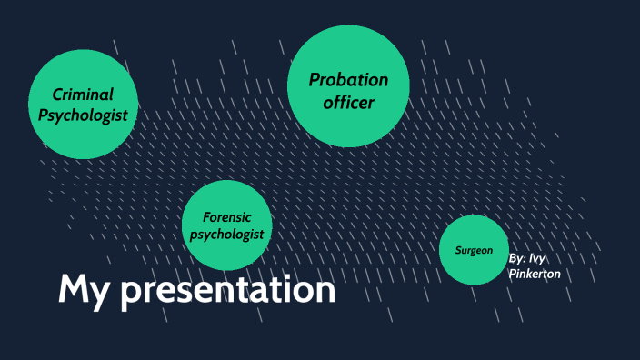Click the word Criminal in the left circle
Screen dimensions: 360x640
83,95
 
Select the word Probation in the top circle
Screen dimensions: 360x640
348,80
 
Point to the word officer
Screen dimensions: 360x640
348,103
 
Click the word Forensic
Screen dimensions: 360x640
226,217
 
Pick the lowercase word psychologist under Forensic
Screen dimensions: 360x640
226,235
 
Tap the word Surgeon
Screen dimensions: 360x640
474,250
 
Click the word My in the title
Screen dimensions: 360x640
85,290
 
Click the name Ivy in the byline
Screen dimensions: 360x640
538,258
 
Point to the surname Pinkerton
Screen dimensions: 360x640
535,275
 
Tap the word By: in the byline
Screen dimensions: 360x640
517,258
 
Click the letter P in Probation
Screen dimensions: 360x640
315,80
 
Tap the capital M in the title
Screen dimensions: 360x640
74,290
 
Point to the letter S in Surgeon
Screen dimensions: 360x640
458,250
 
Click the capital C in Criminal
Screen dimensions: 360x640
56,95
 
